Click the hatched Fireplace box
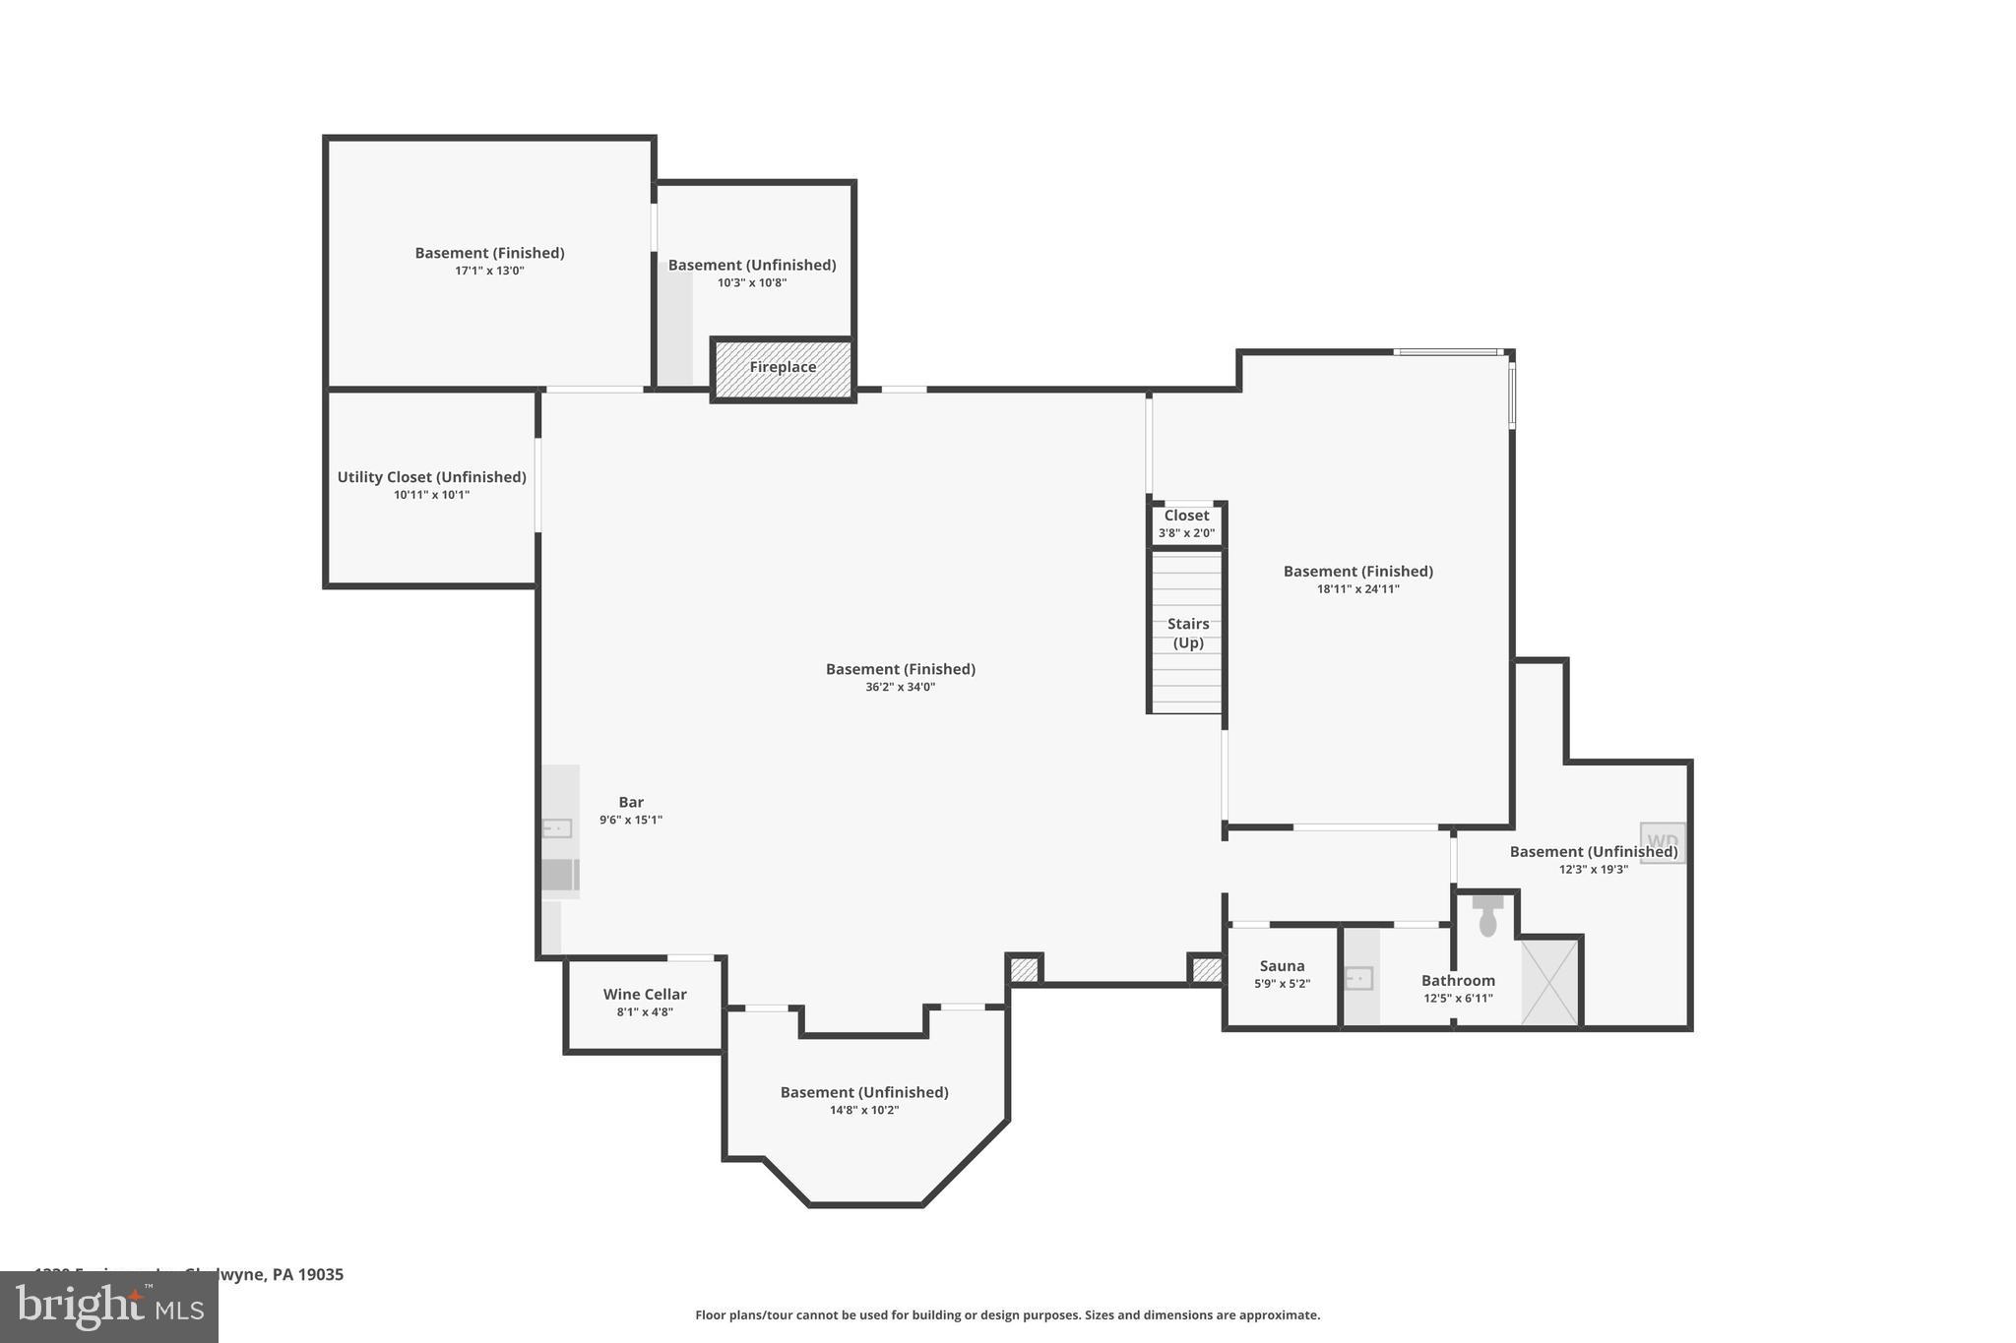[x=783, y=368]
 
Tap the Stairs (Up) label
[x=1187, y=633]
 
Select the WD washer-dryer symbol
[x=1663, y=843]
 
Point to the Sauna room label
[x=1282, y=966]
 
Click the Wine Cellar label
[x=645, y=995]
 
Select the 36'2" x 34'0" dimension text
[x=900, y=688]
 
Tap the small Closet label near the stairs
[x=1186, y=516]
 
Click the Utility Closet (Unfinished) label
[x=431, y=477]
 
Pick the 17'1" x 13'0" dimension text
[x=489, y=271]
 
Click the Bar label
[x=631, y=803]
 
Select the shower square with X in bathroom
[x=1549, y=983]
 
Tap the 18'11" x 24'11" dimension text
[x=1357, y=589]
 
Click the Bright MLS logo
[x=109, y=1308]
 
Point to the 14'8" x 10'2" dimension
[x=864, y=1111]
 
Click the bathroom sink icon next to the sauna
[x=1359, y=979]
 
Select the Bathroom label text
[x=1458, y=981]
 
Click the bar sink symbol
[x=557, y=828]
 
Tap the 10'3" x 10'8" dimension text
[x=752, y=283]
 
